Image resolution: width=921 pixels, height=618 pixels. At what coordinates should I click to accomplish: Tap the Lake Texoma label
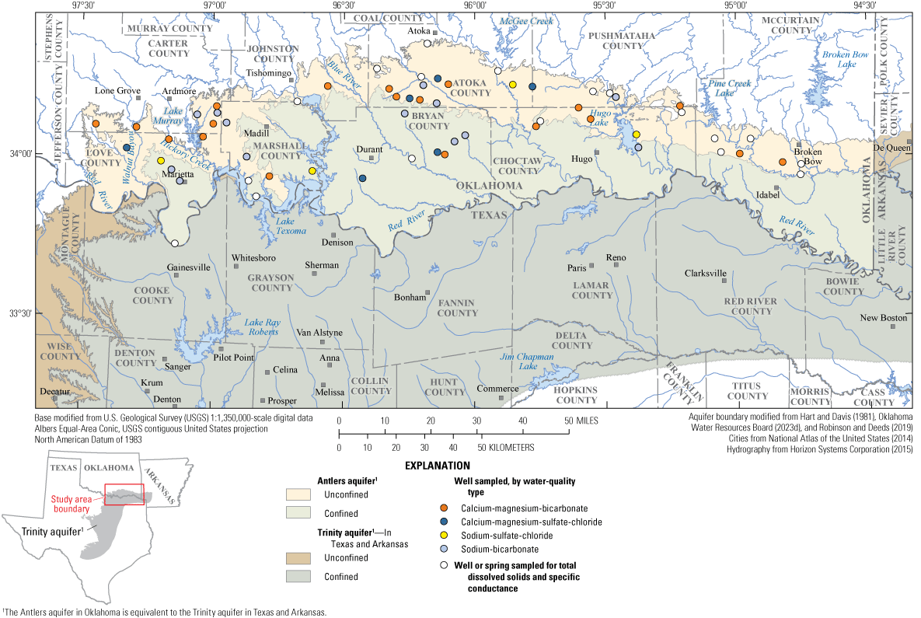292,225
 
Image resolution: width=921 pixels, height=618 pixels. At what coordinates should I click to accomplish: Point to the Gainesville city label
189,267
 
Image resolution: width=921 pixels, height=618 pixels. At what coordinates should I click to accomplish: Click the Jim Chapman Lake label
527,361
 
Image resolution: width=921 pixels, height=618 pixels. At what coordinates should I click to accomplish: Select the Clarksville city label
706,274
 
